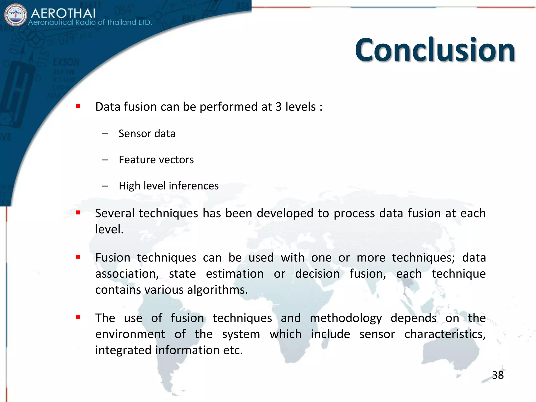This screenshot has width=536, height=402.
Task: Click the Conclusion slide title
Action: pos(435,50)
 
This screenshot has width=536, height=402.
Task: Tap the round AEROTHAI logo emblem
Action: pos(16,15)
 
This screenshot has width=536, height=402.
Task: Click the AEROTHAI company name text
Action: pos(63,13)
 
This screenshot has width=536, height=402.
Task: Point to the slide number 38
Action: pos(498,375)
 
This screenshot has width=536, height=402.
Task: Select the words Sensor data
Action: pos(147,134)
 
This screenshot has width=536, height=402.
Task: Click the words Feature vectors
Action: pos(156,160)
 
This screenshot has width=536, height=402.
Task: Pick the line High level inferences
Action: pos(169,186)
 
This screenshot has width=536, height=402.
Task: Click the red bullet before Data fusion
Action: pos(78,106)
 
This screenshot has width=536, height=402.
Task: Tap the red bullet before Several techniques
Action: pos(78,213)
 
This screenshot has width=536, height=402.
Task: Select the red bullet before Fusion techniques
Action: pos(78,257)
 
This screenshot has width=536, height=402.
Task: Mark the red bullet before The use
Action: pos(78,317)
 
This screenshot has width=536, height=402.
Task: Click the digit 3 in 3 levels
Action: pos(278,107)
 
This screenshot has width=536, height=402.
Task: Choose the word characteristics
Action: pos(445,334)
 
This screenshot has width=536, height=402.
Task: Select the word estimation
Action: pos(235,274)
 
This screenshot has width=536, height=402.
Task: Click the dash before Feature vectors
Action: pos(105,160)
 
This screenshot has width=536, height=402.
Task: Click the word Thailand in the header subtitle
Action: pos(121,23)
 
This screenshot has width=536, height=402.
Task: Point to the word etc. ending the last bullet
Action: pos(233,350)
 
